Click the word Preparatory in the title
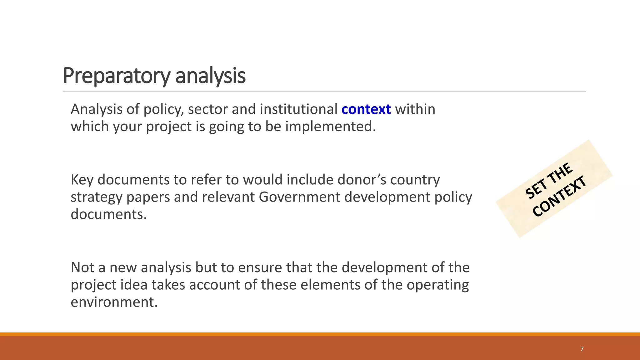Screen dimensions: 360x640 point(117,76)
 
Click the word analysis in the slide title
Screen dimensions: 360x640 point(210,76)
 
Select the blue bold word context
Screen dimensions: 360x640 point(366,109)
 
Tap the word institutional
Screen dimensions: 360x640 point(298,109)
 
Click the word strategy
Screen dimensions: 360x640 point(96,197)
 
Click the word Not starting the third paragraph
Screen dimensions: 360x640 point(82,267)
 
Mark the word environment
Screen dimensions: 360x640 point(114,302)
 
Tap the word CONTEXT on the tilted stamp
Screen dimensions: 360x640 point(559,196)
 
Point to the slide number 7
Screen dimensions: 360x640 point(582,349)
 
